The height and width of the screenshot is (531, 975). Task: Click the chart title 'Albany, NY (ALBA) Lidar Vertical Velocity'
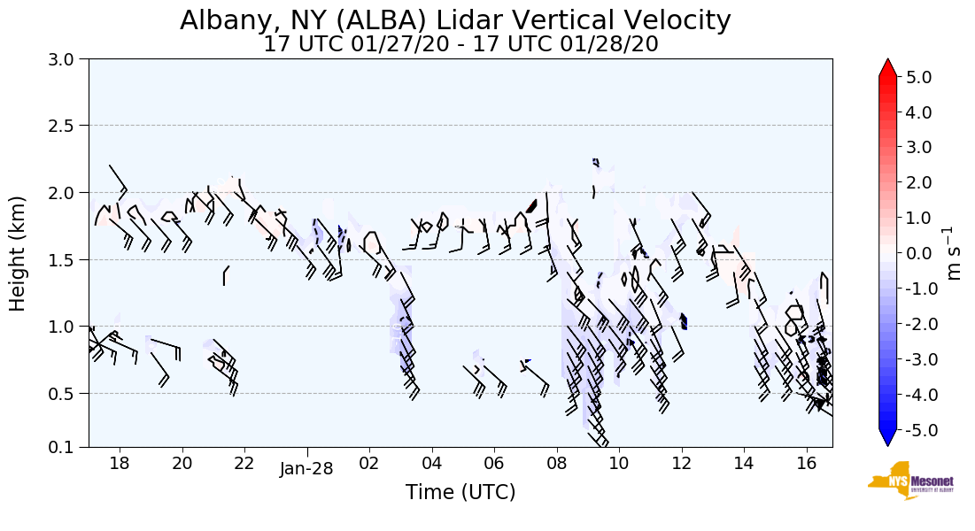tap(456, 20)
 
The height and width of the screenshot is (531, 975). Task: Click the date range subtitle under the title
tap(460, 44)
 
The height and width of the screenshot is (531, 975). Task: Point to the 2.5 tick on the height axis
tap(66, 126)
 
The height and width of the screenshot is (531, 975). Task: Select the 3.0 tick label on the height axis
tap(66, 59)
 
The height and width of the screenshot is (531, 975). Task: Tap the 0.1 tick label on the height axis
tap(66, 448)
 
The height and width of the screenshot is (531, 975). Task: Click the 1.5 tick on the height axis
tap(66, 259)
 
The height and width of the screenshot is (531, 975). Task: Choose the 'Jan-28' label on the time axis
tap(306, 469)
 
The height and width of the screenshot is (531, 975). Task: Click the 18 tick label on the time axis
tap(120, 463)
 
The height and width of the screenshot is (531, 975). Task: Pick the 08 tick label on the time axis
tap(557, 463)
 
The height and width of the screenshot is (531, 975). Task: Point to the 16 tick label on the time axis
tap(807, 463)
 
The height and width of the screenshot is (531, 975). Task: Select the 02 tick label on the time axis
tap(369, 463)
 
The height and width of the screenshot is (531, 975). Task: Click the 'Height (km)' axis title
tap(18, 253)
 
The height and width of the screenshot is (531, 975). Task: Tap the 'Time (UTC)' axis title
tap(460, 493)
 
